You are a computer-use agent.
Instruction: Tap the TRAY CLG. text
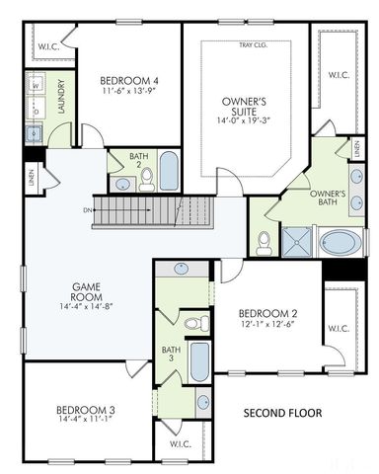click(252, 44)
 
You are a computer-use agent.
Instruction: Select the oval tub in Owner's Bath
click(341, 242)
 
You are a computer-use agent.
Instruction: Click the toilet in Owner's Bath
click(264, 241)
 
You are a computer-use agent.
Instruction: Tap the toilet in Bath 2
click(147, 178)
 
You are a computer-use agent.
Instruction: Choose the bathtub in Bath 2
click(169, 172)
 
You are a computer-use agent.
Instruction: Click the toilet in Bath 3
click(195, 323)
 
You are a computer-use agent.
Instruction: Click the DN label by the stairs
click(89, 209)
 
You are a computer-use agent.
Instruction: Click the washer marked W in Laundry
click(36, 85)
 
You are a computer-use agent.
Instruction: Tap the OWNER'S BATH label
click(327, 197)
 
